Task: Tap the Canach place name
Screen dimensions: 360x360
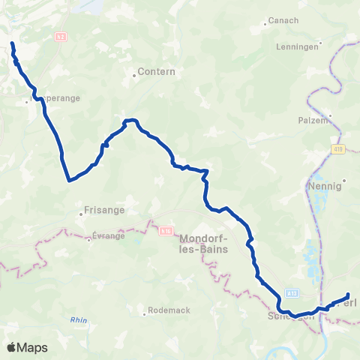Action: coord(283,20)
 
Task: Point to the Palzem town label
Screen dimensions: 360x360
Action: coord(314,120)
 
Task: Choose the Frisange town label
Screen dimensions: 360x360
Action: coord(103,210)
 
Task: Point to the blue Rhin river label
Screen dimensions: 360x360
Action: coord(79,319)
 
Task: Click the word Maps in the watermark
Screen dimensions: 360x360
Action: coord(33,347)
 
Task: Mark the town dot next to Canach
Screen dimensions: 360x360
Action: coord(265,23)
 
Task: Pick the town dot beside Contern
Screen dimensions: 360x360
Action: coord(135,73)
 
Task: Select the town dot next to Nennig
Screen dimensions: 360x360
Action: coord(344,180)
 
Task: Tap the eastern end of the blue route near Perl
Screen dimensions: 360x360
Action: coord(348,295)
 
